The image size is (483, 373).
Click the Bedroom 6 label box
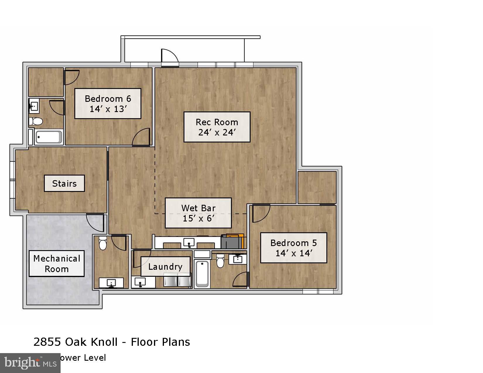[x=108, y=104]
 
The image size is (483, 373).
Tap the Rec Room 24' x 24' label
[x=217, y=127]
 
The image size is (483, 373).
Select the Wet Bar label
[x=198, y=213]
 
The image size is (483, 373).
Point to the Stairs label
[x=64, y=183]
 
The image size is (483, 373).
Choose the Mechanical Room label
[x=56, y=263]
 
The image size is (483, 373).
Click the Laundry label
[x=165, y=267]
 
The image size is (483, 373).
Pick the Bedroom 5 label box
[x=294, y=248]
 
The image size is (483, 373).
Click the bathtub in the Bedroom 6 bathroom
[x=49, y=137]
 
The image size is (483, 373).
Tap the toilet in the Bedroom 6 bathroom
[x=36, y=121]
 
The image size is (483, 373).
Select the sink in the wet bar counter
[x=189, y=243]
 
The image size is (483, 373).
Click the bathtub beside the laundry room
[x=202, y=274]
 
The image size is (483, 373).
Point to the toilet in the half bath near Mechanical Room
[x=103, y=243]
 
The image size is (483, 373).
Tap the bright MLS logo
[x=30, y=363]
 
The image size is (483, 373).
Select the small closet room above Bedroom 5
[x=317, y=188]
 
